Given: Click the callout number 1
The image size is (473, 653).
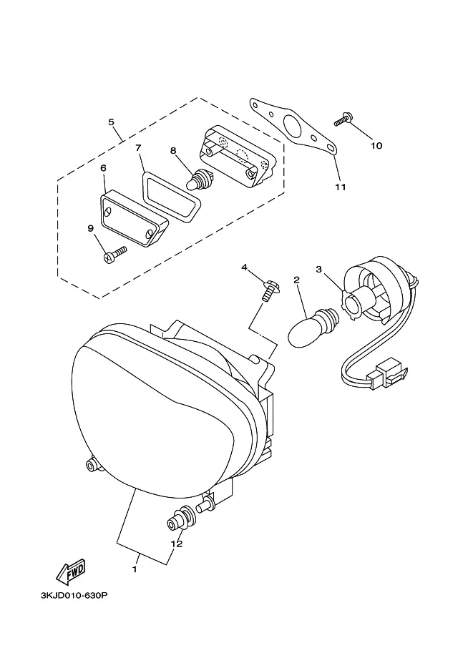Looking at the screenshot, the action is [135, 569].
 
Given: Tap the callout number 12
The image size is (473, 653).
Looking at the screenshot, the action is [177, 544].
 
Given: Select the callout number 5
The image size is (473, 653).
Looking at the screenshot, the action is [111, 122].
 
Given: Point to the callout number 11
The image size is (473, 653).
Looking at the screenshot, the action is [341, 187].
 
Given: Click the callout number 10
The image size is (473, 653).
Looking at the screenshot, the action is [376, 146].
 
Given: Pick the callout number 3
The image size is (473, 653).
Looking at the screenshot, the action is [319, 270].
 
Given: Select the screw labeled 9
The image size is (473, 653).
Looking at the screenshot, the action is [114, 255].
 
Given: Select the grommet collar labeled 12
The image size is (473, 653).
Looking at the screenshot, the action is [182, 519].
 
